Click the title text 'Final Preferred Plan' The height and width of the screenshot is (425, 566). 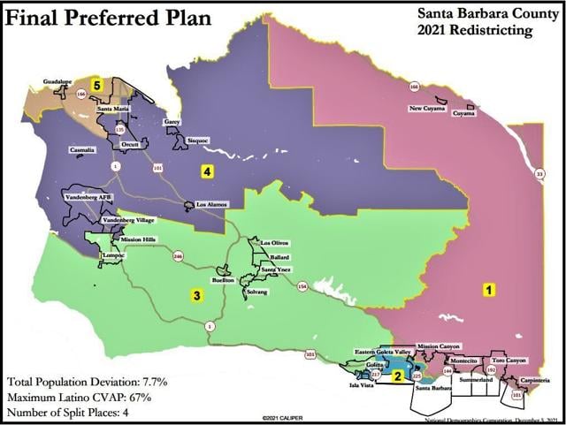[x=107, y=17]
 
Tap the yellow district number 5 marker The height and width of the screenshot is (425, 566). [x=99, y=84]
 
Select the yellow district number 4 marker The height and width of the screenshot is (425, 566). [x=206, y=171]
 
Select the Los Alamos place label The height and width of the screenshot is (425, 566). [x=212, y=205]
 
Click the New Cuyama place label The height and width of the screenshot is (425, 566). [x=427, y=109]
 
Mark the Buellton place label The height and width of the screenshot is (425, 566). [x=226, y=278]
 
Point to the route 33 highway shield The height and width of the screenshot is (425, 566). [x=539, y=176]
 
